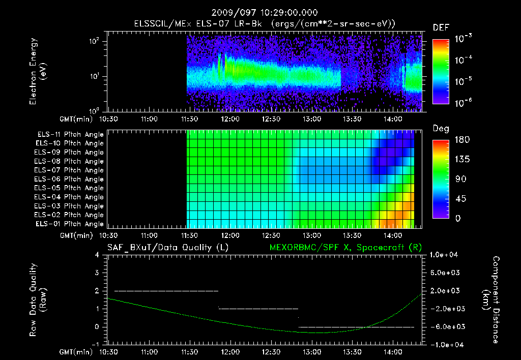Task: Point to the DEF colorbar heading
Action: [x=440, y=27]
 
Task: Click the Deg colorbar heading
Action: [x=441, y=129]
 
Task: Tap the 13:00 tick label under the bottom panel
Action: [x=311, y=352]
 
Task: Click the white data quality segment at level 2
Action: [x=166, y=291]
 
